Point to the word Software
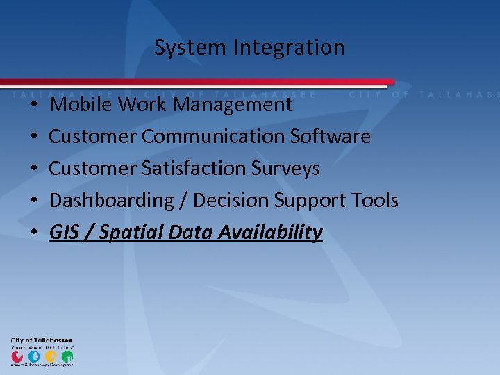point(331,137)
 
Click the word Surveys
point(287,169)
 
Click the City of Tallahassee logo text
point(42,340)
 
